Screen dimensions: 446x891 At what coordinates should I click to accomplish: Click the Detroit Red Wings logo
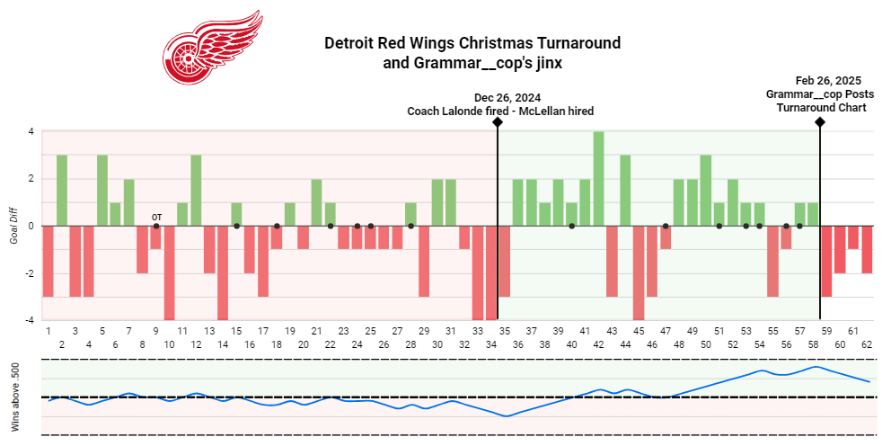(x=212, y=49)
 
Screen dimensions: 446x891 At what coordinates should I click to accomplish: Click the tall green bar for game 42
(x=598, y=179)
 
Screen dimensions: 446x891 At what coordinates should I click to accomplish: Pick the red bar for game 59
(x=826, y=261)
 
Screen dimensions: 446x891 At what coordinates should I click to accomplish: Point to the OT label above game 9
(x=156, y=217)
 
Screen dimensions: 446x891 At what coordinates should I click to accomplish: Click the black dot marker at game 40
(x=571, y=226)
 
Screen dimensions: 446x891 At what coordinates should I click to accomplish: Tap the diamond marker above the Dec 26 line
(x=498, y=121)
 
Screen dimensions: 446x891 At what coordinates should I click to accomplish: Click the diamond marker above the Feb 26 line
(x=820, y=121)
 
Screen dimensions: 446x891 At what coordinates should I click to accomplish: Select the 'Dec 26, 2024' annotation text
(x=507, y=98)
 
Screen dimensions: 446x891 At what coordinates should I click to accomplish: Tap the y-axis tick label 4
(x=31, y=131)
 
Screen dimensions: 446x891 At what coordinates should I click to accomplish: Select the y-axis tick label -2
(x=30, y=272)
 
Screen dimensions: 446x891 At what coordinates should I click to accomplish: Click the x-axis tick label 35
(x=504, y=331)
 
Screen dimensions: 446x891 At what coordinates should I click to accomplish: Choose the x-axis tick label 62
(x=867, y=344)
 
